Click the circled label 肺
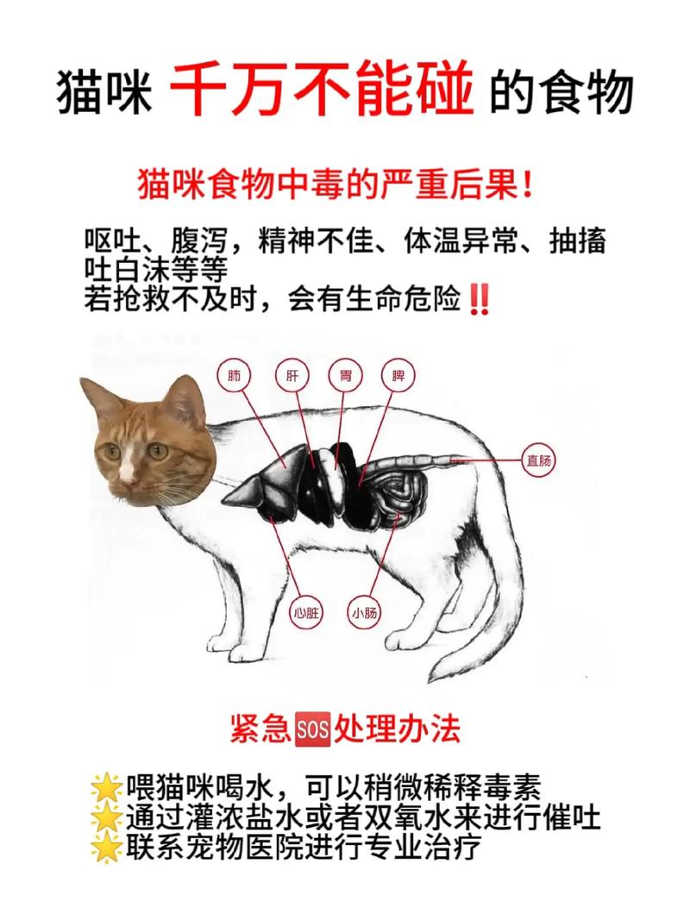tap(235, 377)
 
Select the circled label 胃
tap(345, 377)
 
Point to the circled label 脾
tap(398, 377)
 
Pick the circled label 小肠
tap(365, 613)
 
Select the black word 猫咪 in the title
tap(103, 92)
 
